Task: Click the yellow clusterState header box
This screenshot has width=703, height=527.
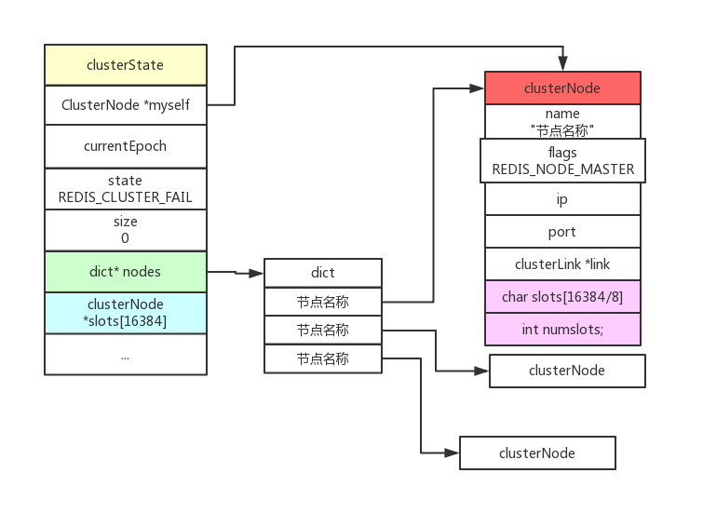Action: (x=126, y=65)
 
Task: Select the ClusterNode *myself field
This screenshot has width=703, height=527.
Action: (x=126, y=105)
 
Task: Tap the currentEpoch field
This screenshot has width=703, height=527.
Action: (x=126, y=146)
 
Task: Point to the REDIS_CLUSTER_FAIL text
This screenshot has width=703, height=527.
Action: (x=126, y=197)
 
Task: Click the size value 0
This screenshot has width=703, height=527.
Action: (x=125, y=238)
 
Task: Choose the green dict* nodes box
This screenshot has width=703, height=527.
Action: (x=126, y=272)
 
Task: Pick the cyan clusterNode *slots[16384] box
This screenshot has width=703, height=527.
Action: (x=126, y=313)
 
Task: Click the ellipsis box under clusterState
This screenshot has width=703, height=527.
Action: (x=126, y=355)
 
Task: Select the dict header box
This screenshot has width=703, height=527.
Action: (x=323, y=273)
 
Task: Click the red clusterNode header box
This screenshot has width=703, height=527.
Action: (x=562, y=88)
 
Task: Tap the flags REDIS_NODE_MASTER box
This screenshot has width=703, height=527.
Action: (x=562, y=160)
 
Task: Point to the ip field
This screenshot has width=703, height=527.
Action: (x=562, y=199)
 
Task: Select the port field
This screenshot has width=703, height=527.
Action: (x=562, y=232)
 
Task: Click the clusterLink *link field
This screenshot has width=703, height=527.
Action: (x=562, y=264)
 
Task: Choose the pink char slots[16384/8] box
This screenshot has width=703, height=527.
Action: (x=562, y=296)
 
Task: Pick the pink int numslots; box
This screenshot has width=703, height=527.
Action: (x=562, y=330)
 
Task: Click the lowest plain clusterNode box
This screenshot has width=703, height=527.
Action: (x=537, y=453)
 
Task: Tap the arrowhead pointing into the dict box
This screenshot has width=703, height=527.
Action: (x=256, y=273)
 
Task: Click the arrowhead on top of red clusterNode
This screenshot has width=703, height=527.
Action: (x=562, y=63)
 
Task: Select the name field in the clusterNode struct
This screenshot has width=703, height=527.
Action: (x=562, y=122)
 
